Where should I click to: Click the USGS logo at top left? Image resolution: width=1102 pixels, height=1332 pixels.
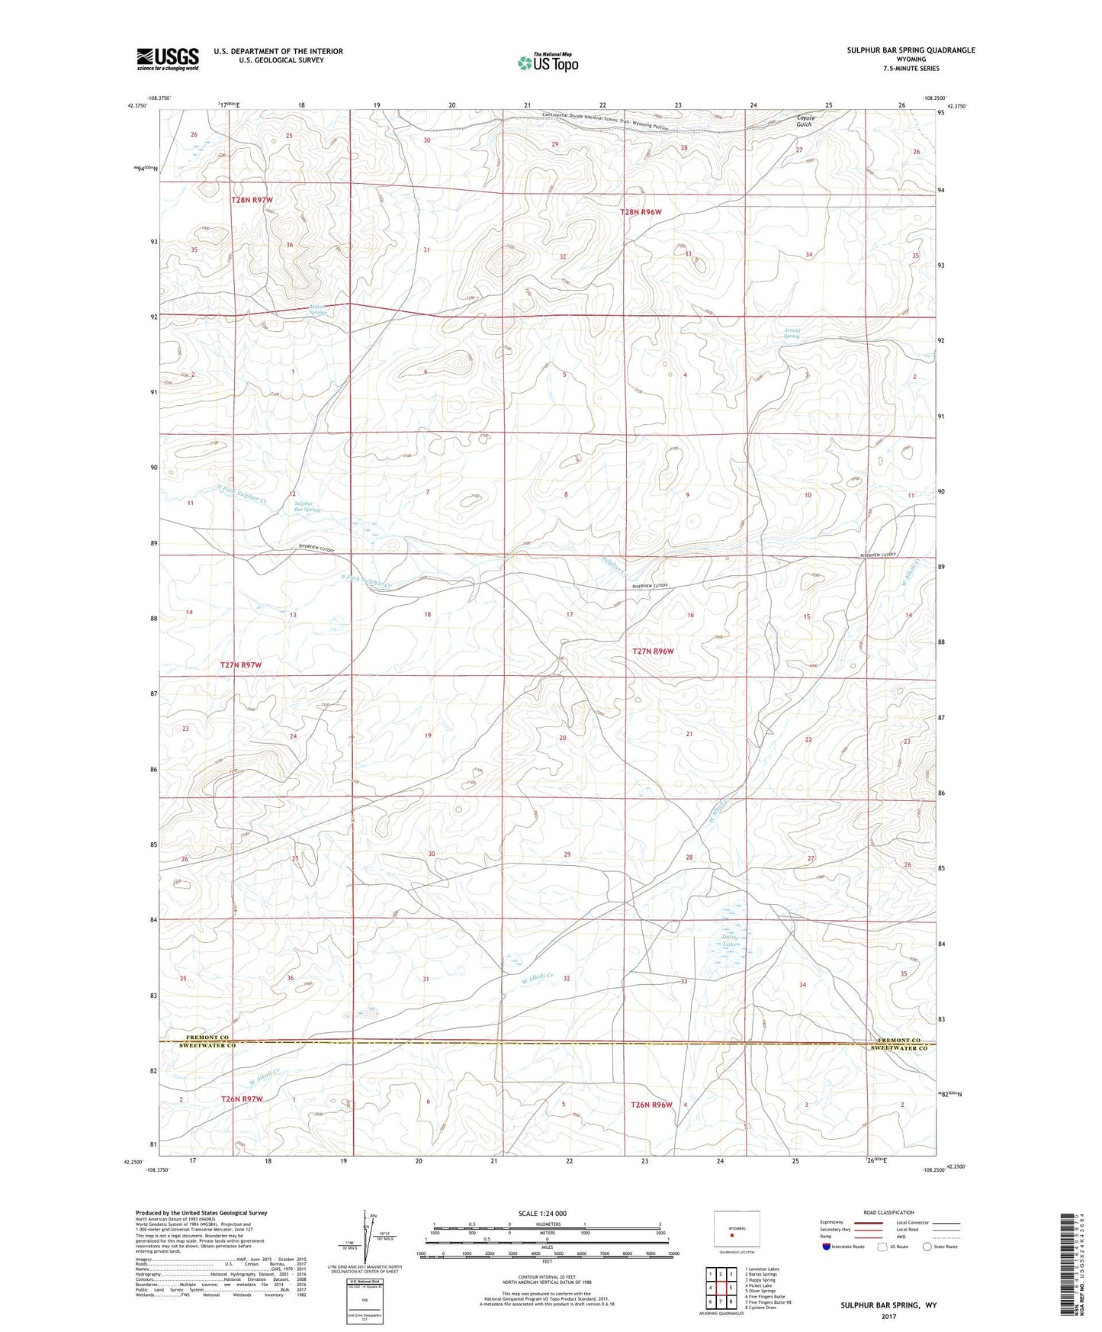[x=168, y=58]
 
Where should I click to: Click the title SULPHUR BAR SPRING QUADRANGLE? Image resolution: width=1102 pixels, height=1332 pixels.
[x=911, y=50]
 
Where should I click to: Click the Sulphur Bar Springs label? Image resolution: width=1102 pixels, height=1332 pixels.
[x=307, y=506]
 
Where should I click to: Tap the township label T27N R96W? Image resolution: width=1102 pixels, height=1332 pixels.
[x=654, y=652]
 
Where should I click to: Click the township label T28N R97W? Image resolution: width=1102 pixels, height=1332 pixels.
[x=252, y=200]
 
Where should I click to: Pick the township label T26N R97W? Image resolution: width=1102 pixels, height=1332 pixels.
[x=242, y=1099]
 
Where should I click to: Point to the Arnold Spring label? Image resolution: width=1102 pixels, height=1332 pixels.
[x=792, y=333]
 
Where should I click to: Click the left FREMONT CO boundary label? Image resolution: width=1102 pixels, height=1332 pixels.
[x=207, y=1038]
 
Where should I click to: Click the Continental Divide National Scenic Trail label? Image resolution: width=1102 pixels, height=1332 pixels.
[x=606, y=122]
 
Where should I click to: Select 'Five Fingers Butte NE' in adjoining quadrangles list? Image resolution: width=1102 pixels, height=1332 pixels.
[x=768, y=1302]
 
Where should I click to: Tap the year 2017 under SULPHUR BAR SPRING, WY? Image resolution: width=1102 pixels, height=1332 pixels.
[x=888, y=1317]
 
